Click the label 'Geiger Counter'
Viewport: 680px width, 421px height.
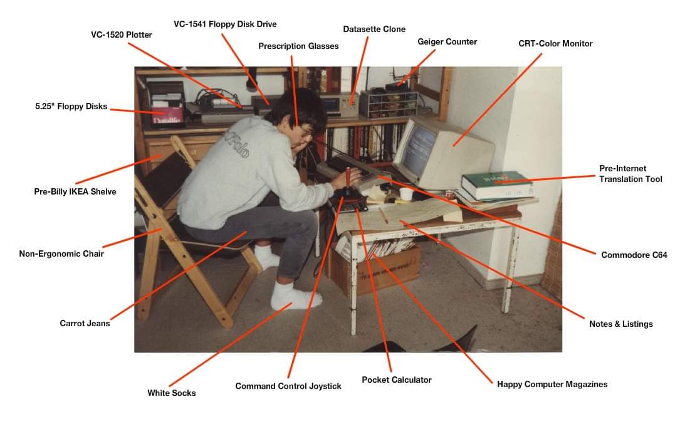447,41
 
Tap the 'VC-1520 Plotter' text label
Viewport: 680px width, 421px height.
122,35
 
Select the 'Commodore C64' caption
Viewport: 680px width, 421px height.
634,255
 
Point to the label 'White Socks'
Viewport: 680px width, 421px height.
171,393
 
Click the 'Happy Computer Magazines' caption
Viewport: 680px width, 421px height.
552,384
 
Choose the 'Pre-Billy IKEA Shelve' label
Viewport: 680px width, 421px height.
75,191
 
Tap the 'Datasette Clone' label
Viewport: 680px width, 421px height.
374,29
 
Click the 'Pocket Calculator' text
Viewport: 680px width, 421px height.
396,380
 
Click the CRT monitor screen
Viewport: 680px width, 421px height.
415,149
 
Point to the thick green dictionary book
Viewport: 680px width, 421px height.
497,185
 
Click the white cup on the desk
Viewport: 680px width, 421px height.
406,194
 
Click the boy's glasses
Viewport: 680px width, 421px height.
306,132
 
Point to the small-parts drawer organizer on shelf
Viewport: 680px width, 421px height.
389,104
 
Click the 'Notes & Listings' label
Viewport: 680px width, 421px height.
620,324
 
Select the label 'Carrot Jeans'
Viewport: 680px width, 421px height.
85,323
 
